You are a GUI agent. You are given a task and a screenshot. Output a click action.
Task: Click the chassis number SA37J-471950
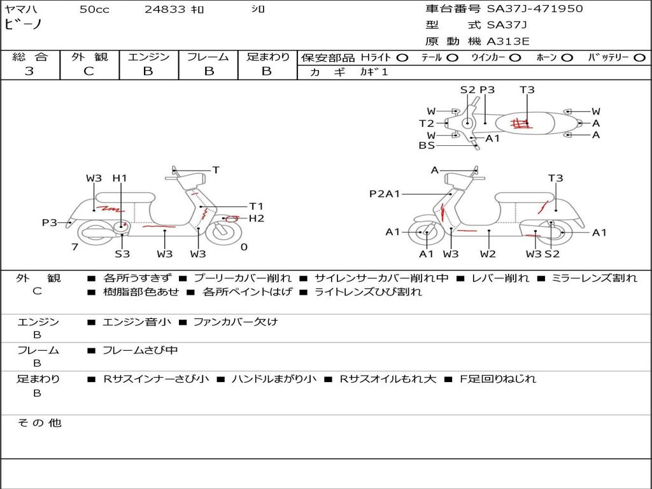coord(535,9)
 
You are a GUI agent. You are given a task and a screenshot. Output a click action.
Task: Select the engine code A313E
coord(507,41)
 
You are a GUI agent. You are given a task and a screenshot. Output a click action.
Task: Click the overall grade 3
coord(29,71)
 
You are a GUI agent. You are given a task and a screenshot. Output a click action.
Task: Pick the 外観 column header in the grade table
coord(89,57)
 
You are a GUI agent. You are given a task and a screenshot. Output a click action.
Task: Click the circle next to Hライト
coord(402,58)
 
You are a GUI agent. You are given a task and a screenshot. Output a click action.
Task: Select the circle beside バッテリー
coord(640,58)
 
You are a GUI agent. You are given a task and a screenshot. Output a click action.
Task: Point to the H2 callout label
coord(257,218)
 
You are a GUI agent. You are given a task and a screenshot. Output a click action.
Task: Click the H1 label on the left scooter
coord(120,178)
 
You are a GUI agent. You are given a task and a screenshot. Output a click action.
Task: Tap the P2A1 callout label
coord(385,194)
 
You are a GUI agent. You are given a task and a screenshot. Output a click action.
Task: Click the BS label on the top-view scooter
coord(427,146)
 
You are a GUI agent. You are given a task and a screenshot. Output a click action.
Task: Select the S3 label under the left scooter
coord(122,253)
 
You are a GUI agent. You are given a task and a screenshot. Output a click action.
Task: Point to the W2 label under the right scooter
coord(488,253)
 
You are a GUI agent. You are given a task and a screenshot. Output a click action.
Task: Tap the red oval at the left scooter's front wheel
coord(232,219)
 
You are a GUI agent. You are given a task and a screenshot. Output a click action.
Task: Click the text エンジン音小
coord(137,322)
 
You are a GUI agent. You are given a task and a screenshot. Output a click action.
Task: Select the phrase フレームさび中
coord(140,351)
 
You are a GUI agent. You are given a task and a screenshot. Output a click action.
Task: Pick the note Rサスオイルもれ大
coord(388,379)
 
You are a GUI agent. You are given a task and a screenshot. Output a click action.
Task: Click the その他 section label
coord(39,423)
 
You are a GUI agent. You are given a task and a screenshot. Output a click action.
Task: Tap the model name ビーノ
coord(24,24)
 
